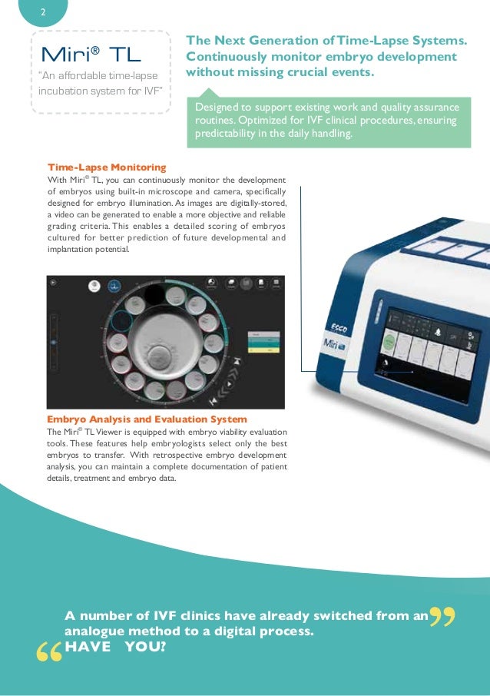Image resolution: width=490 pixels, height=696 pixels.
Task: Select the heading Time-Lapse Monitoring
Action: [x=106, y=167]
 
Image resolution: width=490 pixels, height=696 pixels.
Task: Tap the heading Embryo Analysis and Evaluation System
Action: [x=147, y=419]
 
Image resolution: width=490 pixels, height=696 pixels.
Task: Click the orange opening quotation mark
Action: [x=48, y=653]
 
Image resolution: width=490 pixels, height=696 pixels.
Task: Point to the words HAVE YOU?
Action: [x=115, y=647]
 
